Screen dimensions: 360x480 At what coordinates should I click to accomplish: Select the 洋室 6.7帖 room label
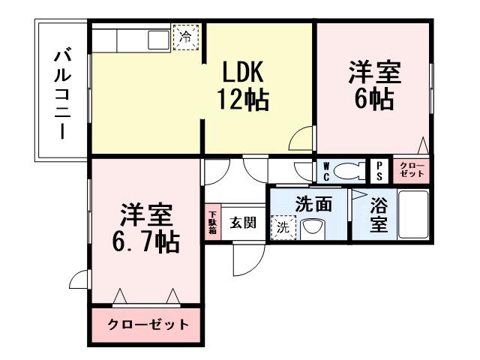click(147, 228)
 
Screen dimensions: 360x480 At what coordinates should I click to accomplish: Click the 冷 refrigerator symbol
click(185, 36)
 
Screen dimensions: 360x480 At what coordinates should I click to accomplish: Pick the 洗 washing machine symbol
click(285, 226)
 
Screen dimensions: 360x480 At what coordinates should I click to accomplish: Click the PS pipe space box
click(380, 171)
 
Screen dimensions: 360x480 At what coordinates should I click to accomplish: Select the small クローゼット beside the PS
click(410, 170)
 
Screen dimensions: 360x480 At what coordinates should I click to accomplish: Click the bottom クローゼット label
click(147, 325)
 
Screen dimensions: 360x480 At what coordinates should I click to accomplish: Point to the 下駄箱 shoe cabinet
click(212, 223)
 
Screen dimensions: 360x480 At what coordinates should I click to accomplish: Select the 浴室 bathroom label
click(378, 214)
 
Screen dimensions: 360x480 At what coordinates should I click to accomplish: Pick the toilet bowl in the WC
click(349, 172)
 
